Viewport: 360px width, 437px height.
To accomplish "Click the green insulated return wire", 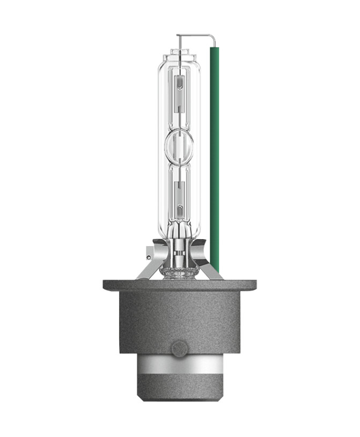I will click(x=214, y=161).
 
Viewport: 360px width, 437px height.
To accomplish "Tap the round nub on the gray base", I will click(x=179, y=349).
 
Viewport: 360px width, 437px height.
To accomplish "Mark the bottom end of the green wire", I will click(x=215, y=271).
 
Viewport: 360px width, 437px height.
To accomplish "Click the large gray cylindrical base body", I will click(x=179, y=322).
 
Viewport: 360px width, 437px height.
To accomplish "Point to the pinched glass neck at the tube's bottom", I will click(x=179, y=231).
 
